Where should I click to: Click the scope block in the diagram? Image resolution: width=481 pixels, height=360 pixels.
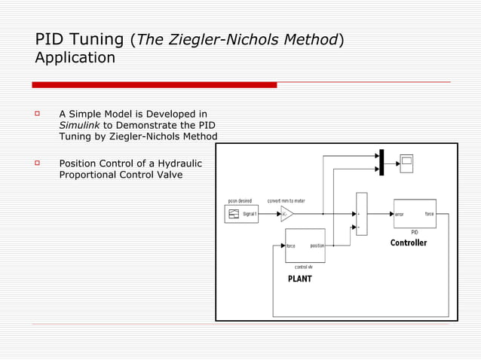tap(406, 163)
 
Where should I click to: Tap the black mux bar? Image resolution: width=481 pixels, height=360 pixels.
tap(382, 162)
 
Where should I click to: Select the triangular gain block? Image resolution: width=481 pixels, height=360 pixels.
tap(286, 214)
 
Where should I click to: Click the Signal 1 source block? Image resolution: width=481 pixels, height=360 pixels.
tap(241, 214)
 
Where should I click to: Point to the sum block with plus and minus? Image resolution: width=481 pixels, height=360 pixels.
tap(361, 214)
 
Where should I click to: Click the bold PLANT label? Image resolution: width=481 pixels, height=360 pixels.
tap(299, 279)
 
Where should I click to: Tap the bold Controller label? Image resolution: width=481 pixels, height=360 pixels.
tap(408, 243)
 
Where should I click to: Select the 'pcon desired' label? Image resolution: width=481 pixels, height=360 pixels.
tap(240, 201)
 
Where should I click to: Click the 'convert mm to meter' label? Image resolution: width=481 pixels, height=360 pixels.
tap(286, 201)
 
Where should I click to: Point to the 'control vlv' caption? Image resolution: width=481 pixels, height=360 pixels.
tap(304, 267)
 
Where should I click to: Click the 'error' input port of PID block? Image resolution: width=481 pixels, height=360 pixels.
tap(400, 214)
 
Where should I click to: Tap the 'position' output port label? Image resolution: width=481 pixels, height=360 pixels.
tap(317, 246)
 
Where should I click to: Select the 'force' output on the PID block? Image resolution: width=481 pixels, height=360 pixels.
tap(429, 214)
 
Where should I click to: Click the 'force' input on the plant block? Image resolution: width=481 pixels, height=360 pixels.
tap(290, 246)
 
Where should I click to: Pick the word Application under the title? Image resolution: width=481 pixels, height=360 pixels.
tap(75, 58)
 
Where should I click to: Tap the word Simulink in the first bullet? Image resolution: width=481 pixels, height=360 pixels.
tap(79, 125)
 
